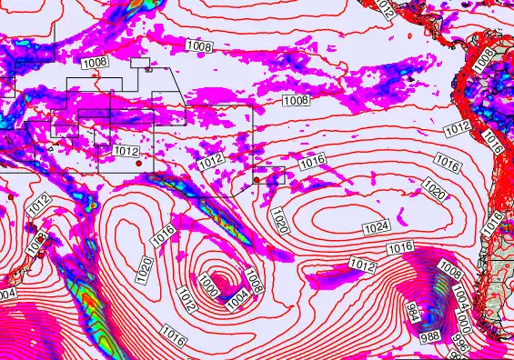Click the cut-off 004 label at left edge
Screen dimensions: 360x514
[x=7, y=295]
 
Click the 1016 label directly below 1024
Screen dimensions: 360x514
[x=400, y=248]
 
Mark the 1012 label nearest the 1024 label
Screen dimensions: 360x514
[x=361, y=265]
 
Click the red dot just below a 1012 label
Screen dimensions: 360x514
[x=137, y=164]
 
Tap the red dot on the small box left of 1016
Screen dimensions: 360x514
[x=257, y=180]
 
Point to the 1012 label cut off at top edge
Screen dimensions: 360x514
[x=386, y=9]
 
